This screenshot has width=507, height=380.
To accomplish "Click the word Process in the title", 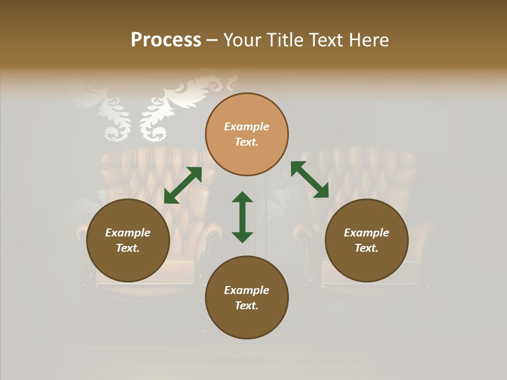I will [166, 40].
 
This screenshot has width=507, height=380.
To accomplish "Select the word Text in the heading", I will [325, 40].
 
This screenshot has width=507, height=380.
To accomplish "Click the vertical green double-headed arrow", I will [242, 217].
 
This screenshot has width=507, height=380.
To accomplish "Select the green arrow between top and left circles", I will [183, 185].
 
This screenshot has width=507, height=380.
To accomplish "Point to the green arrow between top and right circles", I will [309, 179].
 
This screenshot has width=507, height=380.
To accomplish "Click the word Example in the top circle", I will [247, 127].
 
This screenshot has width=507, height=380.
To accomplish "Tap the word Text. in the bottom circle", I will [247, 306].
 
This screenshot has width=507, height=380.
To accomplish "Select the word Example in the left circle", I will [128, 233].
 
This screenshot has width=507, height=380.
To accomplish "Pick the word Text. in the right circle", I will [367, 248].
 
